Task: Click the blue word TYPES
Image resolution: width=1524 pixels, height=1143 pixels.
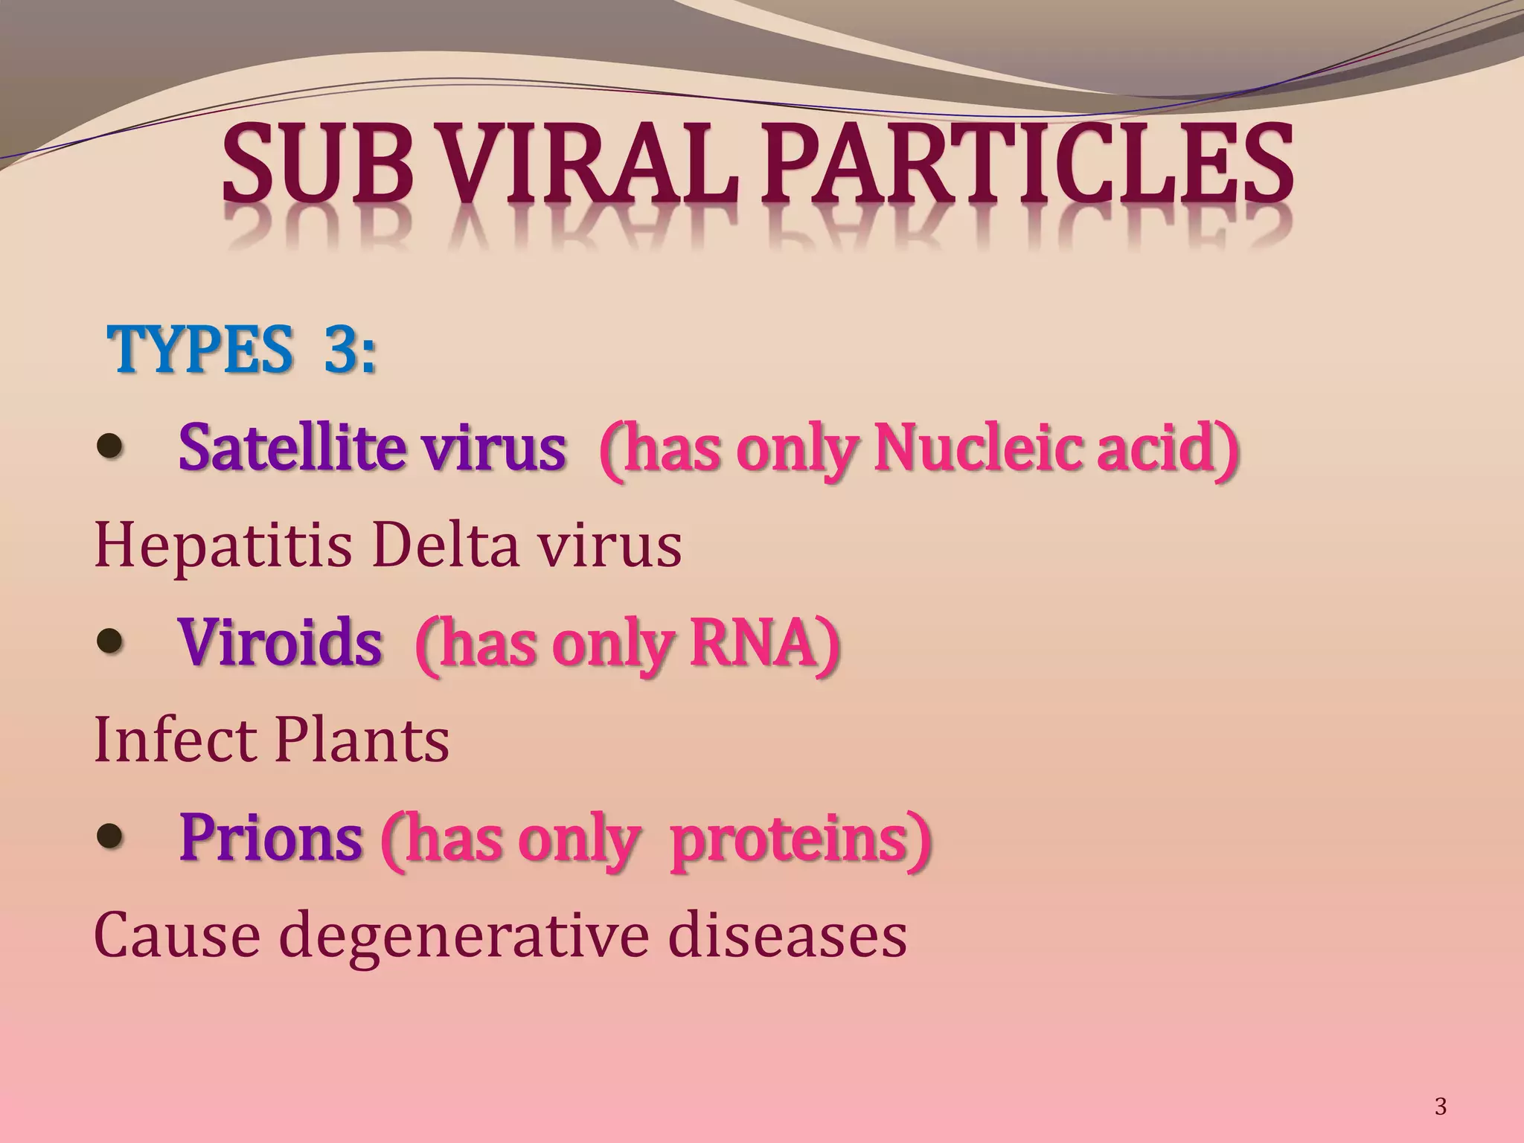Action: pyautogui.click(x=199, y=350)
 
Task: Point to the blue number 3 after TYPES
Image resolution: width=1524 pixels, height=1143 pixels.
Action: pyautogui.click(x=341, y=350)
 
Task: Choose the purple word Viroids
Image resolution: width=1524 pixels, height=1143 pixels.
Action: pyautogui.click(x=281, y=642)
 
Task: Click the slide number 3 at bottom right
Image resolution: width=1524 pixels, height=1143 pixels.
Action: pyautogui.click(x=1441, y=1107)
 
